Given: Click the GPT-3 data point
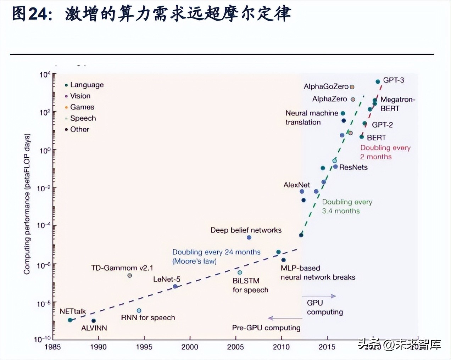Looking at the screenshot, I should tap(378, 82).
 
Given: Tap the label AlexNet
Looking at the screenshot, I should tap(296, 185).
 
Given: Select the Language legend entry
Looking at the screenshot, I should tap(87, 85).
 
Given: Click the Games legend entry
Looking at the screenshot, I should tap(82, 107).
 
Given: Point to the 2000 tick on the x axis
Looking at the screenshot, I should tap(190, 347).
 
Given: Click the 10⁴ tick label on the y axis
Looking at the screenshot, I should tap(45, 75).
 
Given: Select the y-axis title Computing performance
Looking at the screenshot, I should tap(27, 204).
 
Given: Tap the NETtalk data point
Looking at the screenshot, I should tap(70, 320).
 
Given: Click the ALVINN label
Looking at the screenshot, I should tap(94, 328).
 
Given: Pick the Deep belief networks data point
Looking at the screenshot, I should tap(249, 237).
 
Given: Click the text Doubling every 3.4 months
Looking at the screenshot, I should tap(347, 206).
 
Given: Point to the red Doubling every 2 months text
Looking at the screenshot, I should tap(385, 152).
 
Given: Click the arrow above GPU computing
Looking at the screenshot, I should tap(318, 296).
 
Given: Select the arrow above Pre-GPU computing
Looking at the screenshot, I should tap(285, 318).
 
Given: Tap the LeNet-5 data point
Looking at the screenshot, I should tap(175, 286).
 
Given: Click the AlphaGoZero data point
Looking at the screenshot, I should tap(352, 87).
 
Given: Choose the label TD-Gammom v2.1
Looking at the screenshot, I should tap(122, 268).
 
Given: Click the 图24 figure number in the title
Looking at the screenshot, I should tap(29, 14).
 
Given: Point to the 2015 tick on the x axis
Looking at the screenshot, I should tap(327, 347).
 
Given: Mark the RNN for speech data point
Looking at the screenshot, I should tap(139, 311).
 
